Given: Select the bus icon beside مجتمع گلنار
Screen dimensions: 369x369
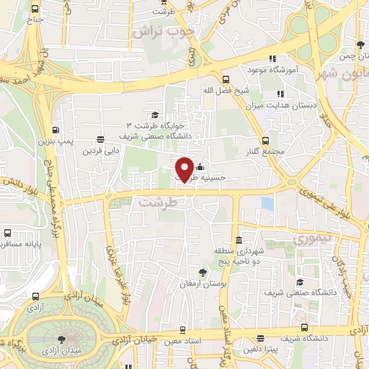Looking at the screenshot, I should [266, 141].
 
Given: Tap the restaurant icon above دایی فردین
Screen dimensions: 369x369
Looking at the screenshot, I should [99, 140].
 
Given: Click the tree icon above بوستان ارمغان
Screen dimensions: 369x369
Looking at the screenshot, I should [203, 272].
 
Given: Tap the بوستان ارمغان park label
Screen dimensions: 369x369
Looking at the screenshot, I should [203, 285].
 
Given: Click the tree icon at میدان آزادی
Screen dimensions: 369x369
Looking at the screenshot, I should [62, 339].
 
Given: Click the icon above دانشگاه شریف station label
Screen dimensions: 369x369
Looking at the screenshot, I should [299, 326].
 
